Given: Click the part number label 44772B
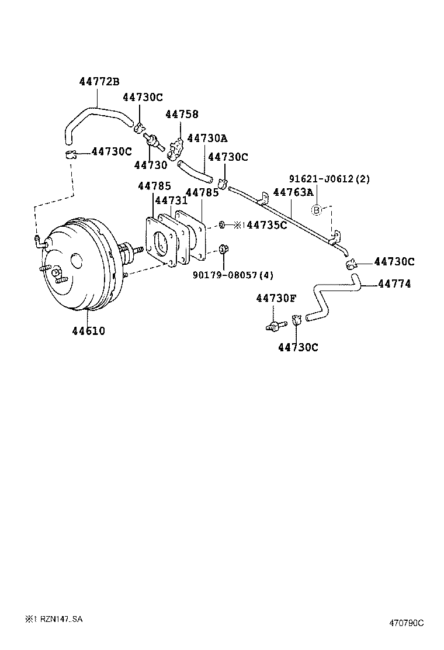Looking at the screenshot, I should [99, 82].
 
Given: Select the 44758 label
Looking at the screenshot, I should [182, 114].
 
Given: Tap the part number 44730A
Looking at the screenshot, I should [207, 138].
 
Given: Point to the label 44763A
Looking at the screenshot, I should [293, 192].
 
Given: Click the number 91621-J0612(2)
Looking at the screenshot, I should [329, 179].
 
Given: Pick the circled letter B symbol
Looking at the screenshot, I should [316, 209].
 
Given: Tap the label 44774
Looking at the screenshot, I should [394, 283].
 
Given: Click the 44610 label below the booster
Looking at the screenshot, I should [89, 331].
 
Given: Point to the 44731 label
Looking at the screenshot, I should [171, 200].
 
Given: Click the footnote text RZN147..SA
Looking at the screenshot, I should [58, 618].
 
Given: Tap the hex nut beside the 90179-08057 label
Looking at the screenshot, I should [223, 250].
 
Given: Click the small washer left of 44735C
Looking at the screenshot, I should [223, 224].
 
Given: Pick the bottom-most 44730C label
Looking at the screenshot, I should [298, 347].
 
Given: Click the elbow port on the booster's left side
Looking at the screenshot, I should [39, 241].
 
